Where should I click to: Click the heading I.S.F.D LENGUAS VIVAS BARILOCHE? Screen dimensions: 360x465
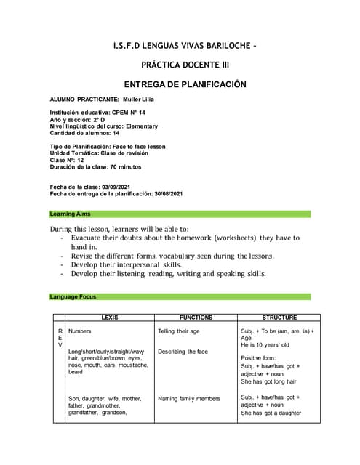180,46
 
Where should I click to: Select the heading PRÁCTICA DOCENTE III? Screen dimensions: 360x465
180,65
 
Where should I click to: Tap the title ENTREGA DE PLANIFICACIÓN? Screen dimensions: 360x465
180,84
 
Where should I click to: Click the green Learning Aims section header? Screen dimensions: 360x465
180,214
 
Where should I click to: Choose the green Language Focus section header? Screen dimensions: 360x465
180,296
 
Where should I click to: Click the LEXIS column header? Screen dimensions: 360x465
109,318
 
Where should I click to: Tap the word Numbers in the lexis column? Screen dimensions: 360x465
79,331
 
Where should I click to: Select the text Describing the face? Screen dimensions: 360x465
183,352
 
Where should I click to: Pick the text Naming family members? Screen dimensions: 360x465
188,398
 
